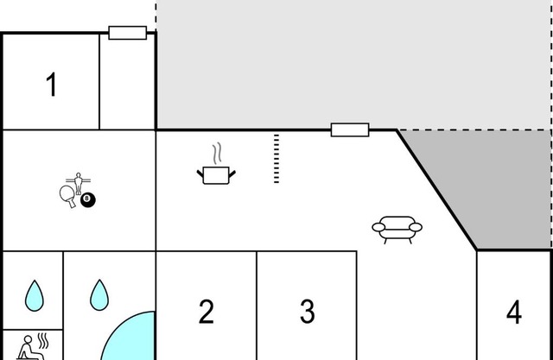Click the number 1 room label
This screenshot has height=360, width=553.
[52, 84]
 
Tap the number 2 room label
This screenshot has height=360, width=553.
[207, 312]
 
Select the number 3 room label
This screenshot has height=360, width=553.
[308, 312]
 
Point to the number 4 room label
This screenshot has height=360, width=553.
[514, 313]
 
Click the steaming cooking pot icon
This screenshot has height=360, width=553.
[216, 175]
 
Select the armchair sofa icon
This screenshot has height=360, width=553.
[397, 230]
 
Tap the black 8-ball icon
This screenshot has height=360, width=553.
[88, 200]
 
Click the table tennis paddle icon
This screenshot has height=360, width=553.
[68, 196]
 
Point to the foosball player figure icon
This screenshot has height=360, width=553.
[79, 182]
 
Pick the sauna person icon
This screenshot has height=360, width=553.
[33, 347]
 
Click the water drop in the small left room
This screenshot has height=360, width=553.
[35, 295]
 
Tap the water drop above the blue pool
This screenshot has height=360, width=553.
[99, 295]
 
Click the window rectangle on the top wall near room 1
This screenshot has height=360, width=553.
[128, 33]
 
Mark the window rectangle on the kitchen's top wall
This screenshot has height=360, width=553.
[350, 129]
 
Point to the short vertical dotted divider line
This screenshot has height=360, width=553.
[276, 159]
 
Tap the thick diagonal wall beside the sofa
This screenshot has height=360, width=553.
[437, 190]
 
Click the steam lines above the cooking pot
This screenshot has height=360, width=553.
[217, 153]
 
